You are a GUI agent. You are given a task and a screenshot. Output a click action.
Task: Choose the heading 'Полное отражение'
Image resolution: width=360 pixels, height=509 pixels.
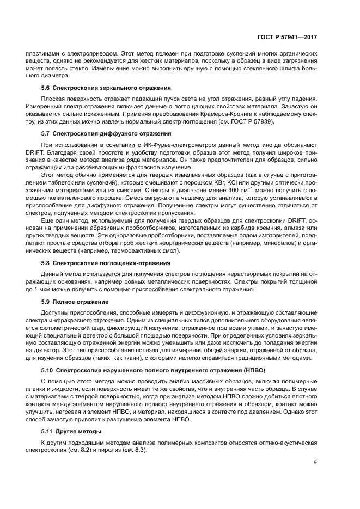tap(74, 301)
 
